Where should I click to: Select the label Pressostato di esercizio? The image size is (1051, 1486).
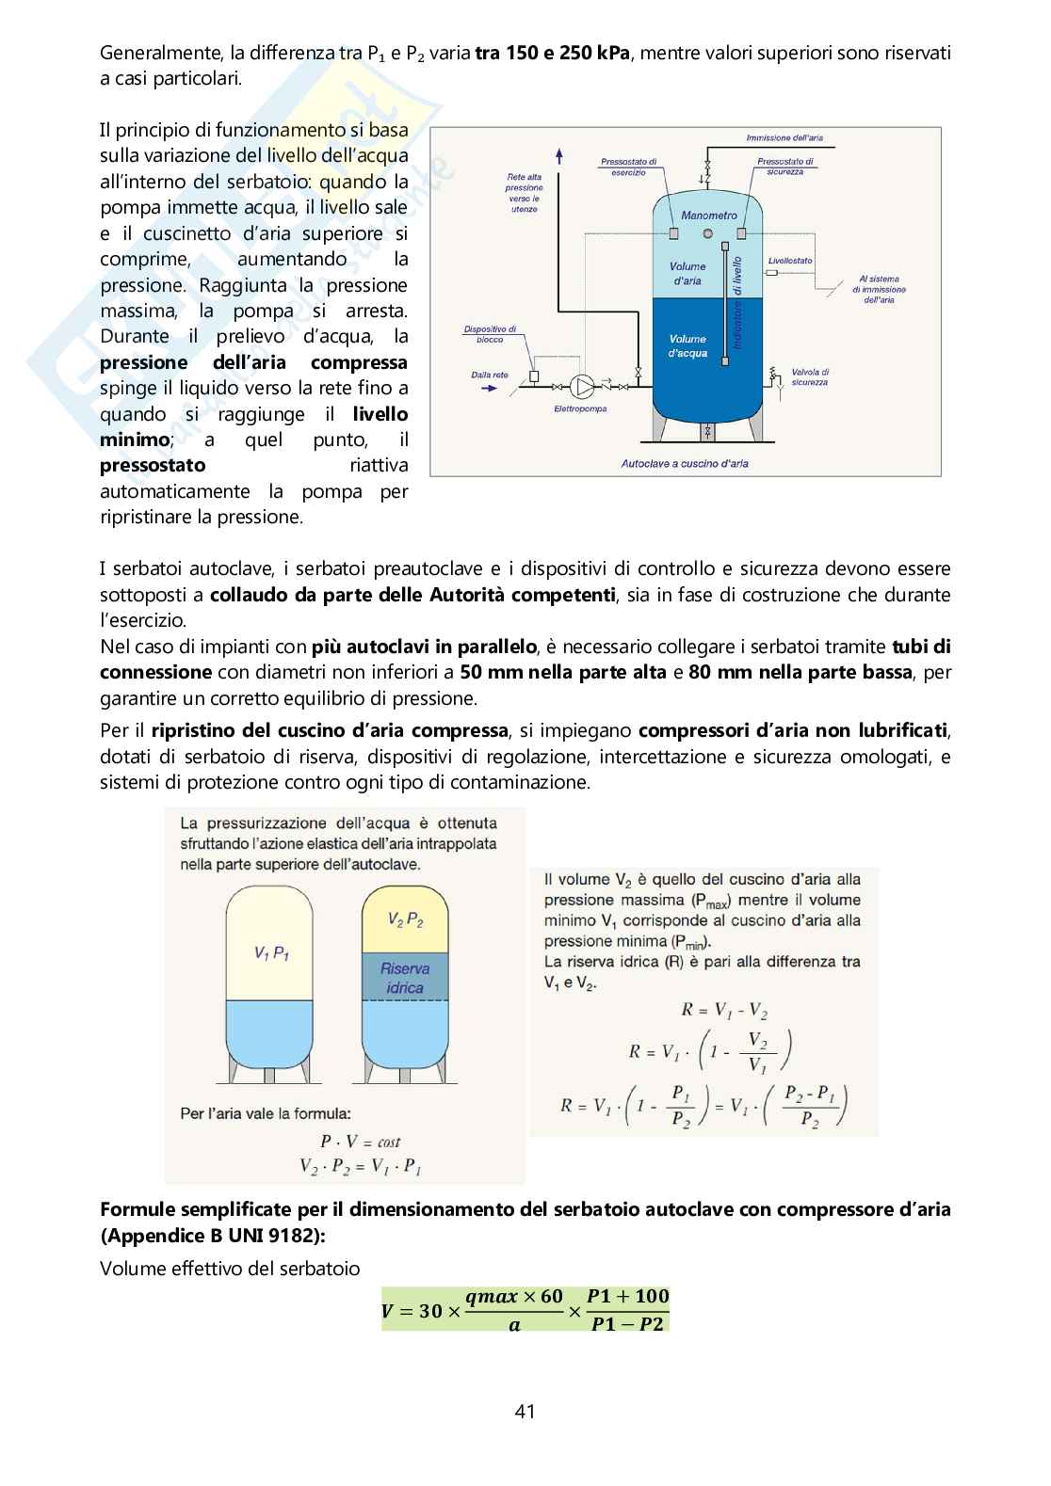(628, 167)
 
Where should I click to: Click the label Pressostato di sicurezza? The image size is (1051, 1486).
(784, 167)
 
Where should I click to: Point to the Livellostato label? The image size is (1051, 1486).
(789, 261)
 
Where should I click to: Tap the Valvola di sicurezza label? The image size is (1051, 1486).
(810, 377)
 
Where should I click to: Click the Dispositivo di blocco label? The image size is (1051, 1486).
(490, 334)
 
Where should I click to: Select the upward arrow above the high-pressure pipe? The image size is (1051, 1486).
(560, 156)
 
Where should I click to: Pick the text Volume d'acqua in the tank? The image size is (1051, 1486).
(687, 345)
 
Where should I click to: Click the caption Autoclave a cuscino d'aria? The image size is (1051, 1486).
(685, 463)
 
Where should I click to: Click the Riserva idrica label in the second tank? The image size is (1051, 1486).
(404, 978)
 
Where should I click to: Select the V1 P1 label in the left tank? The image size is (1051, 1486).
(271, 953)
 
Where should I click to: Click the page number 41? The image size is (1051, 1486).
(525, 1411)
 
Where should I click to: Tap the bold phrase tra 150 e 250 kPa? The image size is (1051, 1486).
(553, 53)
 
